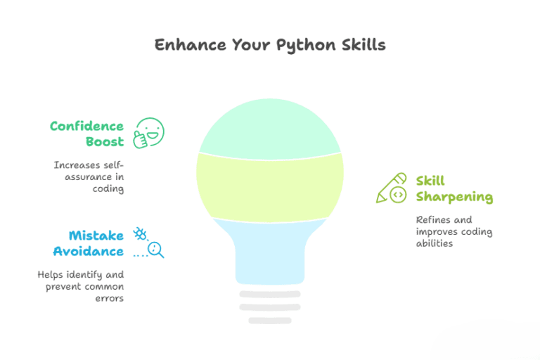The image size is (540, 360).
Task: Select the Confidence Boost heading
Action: (86, 134)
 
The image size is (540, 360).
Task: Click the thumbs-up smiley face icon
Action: (149, 133)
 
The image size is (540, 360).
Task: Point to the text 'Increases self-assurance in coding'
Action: (89, 176)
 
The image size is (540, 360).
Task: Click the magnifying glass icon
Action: (157, 249)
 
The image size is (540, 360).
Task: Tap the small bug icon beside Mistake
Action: (139, 233)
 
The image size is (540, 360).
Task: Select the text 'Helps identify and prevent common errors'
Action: (81, 286)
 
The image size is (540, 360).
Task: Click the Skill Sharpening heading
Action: (453, 188)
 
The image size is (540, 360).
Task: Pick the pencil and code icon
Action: (392, 188)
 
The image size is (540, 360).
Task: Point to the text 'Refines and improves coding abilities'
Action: (453, 231)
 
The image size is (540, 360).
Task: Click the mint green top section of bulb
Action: (270, 127)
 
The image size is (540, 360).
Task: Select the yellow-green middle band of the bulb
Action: (270, 186)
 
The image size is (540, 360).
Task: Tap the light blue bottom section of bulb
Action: (270, 250)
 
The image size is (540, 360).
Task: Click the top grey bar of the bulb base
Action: (270, 294)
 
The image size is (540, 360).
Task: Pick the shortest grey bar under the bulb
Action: (270, 321)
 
